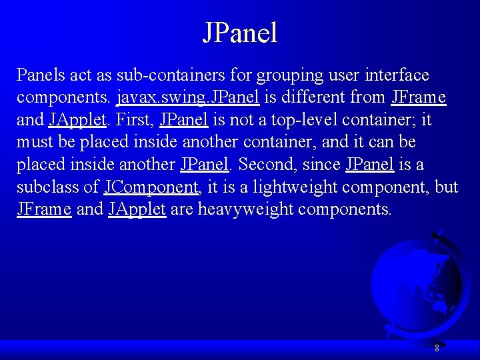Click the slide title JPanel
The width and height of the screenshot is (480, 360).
[239, 33]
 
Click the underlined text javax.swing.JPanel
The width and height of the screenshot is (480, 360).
[187, 97]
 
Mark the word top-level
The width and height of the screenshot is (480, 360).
[304, 120]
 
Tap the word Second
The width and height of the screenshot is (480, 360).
[265, 164]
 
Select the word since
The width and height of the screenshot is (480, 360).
[322, 164]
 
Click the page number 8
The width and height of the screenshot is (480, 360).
[437, 347]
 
